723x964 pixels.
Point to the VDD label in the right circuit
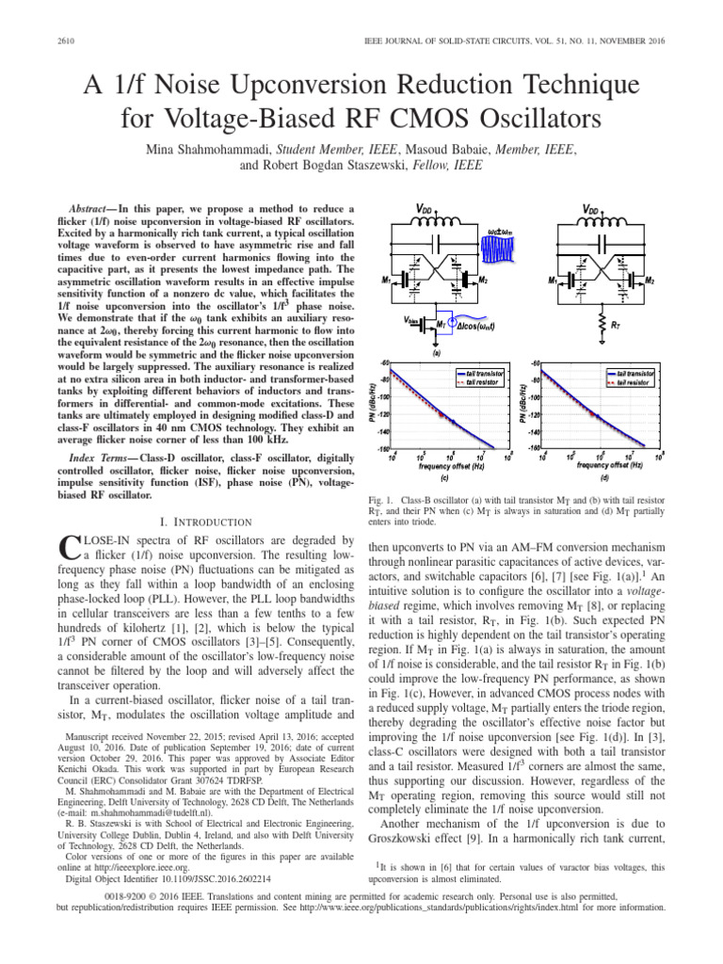[592, 210]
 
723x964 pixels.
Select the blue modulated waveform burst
[498, 249]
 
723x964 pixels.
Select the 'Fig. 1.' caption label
[380, 496]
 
